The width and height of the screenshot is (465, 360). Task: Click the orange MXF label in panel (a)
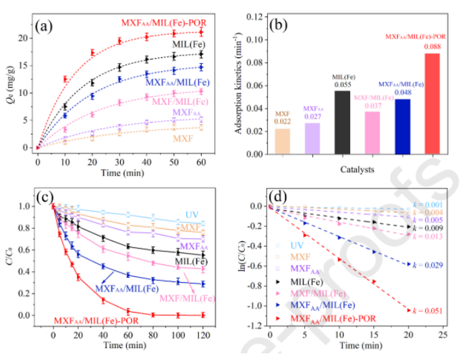[x=184, y=138]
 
